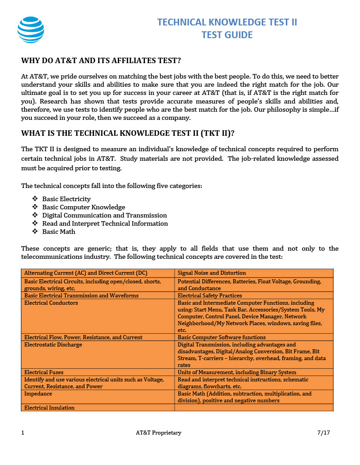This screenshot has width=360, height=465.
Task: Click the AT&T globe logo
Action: (x=31, y=30)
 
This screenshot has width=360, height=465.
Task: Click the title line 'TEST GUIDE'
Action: (x=227, y=35)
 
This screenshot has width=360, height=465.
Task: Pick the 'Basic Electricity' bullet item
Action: (x=66, y=199)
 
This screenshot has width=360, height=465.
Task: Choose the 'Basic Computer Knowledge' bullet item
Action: (x=84, y=207)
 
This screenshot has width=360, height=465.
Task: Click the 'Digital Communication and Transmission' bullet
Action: (x=105, y=215)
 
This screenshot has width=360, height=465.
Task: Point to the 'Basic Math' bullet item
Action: (x=59, y=232)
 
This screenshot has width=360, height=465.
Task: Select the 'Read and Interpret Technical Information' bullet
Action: (x=105, y=223)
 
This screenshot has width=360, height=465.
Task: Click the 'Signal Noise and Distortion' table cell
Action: (x=212, y=273)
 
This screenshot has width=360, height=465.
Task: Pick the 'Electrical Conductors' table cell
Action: (x=51, y=303)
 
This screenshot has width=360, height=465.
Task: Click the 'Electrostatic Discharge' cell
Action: (x=53, y=345)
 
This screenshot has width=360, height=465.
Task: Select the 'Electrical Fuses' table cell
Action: (x=45, y=372)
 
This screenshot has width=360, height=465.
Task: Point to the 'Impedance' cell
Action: (x=38, y=394)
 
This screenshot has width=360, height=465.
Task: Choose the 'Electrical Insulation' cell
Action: (x=50, y=408)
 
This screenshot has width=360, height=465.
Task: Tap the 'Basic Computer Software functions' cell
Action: (x=221, y=337)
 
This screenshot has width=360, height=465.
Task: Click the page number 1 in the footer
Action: (x=23, y=433)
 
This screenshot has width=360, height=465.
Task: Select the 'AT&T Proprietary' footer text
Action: (x=159, y=433)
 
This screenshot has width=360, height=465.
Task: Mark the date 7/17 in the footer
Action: (x=323, y=433)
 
